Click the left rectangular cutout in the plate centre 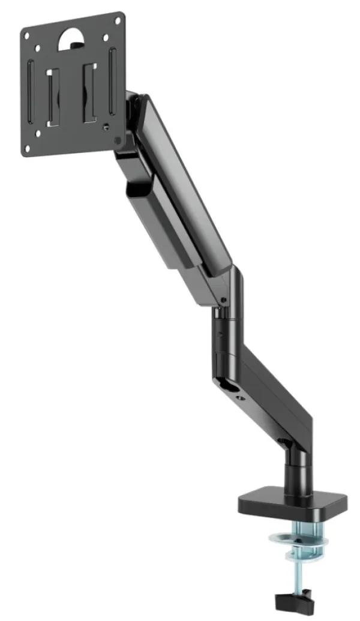pyautogui.click(x=52, y=96)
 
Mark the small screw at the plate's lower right pyautogui.click(x=106, y=128)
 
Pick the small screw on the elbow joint pyautogui.click(x=223, y=299)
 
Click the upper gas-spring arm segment pyautogui.click(x=186, y=186)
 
